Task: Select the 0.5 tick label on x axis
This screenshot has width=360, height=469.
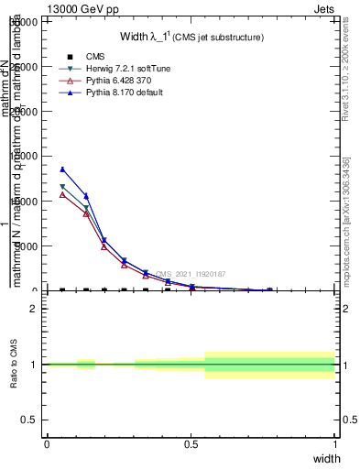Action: tap(191, 444)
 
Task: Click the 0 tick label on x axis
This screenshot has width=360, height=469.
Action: tap(47, 444)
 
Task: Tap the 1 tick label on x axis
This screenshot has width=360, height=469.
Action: tap(335, 444)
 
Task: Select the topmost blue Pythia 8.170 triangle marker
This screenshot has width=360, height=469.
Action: tap(62, 169)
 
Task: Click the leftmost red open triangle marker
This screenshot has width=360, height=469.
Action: tap(62, 194)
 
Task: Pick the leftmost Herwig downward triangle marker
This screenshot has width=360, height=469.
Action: tap(62, 187)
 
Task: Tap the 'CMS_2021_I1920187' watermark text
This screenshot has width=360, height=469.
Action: tap(191, 274)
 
